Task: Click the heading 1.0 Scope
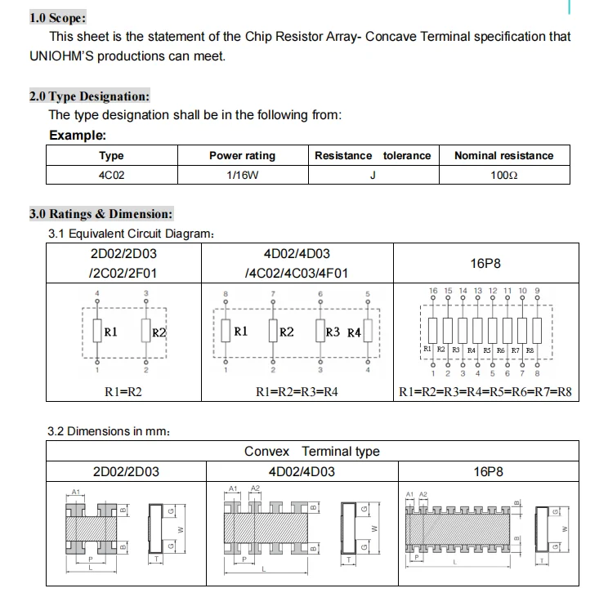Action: click(56, 17)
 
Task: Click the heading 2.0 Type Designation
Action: click(89, 96)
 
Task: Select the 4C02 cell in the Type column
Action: click(111, 175)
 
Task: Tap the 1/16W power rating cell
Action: click(242, 175)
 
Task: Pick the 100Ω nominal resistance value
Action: click(503, 175)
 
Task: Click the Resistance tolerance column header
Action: click(373, 155)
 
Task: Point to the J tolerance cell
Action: click(373, 175)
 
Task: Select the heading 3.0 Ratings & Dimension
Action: click(101, 214)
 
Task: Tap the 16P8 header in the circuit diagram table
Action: click(485, 263)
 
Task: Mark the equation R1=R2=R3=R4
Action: click(297, 392)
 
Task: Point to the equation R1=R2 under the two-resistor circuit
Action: click(123, 392)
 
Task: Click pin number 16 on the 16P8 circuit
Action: click(433, 290)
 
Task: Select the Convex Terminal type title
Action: click(311, 451)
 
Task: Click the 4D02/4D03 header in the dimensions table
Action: click(301, 471)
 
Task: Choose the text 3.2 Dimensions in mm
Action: click(110, 430)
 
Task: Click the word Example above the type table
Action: click(78, 135)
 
